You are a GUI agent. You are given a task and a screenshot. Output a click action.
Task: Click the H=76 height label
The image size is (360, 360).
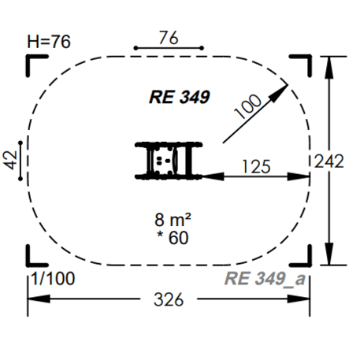[x=50, y=42]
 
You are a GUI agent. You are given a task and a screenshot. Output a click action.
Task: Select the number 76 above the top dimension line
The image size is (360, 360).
[x=167, y=37]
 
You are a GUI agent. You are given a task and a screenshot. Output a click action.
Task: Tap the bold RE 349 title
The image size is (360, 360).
[x=178, y=97]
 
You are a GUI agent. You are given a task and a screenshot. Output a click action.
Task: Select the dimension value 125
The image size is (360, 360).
[x=256, y=166]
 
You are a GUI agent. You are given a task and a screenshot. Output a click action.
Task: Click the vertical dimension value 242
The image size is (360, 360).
[x=328, y=161]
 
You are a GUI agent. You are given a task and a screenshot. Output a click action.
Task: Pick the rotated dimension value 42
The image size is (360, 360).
[x=12, y=160]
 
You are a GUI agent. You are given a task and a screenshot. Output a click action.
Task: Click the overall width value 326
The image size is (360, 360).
[x=168, y=299]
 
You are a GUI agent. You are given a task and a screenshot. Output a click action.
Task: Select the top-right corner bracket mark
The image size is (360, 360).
[x=302, y=64]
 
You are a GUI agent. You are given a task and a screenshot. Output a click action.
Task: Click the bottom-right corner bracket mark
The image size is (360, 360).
[x=302, y=258]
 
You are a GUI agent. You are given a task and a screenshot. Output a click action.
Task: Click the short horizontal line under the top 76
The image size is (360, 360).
[x=168, y=49]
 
